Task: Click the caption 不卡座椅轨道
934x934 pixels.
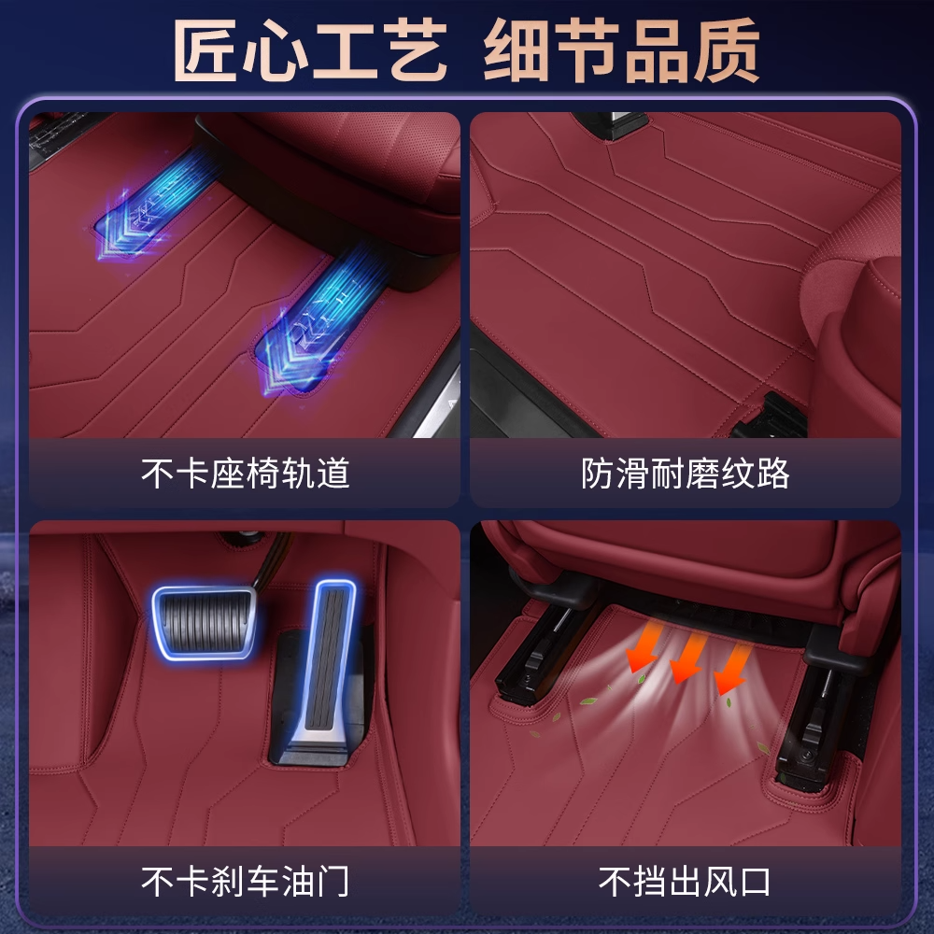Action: [x=245, y=474]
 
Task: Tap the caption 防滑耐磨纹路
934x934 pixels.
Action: [x=685, y=474]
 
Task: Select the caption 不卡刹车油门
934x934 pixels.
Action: [x=245, y=881]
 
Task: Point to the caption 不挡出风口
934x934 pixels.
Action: [x=685, y=881]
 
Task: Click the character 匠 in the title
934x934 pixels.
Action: [x=206, y=50]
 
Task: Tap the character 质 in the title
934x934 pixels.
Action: [x=726, y=50]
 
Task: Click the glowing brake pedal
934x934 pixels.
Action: [x=204, y=622]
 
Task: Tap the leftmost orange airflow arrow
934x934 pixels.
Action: [x=644, y=646]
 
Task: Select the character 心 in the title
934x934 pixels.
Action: [x=275, y=50]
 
